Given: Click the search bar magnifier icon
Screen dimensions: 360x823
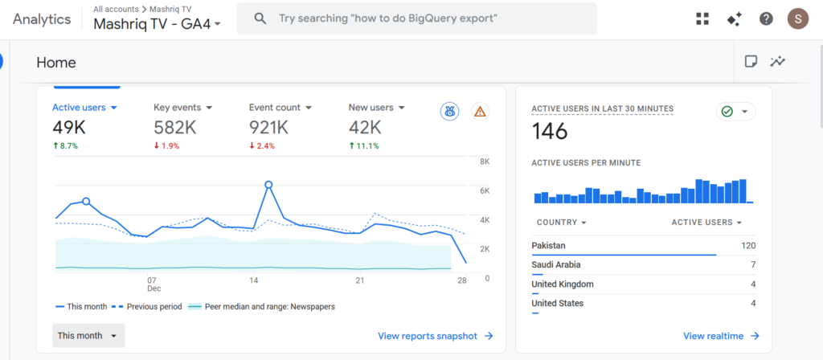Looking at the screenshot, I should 260,18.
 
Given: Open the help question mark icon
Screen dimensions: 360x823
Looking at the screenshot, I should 766,18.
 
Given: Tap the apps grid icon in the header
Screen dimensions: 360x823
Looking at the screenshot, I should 702,18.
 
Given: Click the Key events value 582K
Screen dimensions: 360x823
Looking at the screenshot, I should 174,127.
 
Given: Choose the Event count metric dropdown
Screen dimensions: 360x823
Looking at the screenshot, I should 280,107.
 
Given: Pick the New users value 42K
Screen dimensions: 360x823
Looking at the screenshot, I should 366,127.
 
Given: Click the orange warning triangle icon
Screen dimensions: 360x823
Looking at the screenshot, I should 480,112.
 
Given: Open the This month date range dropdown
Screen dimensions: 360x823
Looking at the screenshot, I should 88,335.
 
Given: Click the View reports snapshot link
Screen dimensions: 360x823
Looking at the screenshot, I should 435,336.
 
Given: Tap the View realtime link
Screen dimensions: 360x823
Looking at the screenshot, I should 721,336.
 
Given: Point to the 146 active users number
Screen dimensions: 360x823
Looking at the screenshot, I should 550,131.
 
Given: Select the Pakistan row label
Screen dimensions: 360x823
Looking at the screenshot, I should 548,245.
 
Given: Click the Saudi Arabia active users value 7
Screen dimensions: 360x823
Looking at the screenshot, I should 752,264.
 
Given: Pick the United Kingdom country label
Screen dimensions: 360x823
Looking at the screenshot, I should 563,284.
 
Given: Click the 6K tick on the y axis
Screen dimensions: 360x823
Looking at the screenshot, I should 485,190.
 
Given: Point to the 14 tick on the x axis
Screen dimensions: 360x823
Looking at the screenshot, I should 253,280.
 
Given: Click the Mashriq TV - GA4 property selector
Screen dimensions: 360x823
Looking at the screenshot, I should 157,24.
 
